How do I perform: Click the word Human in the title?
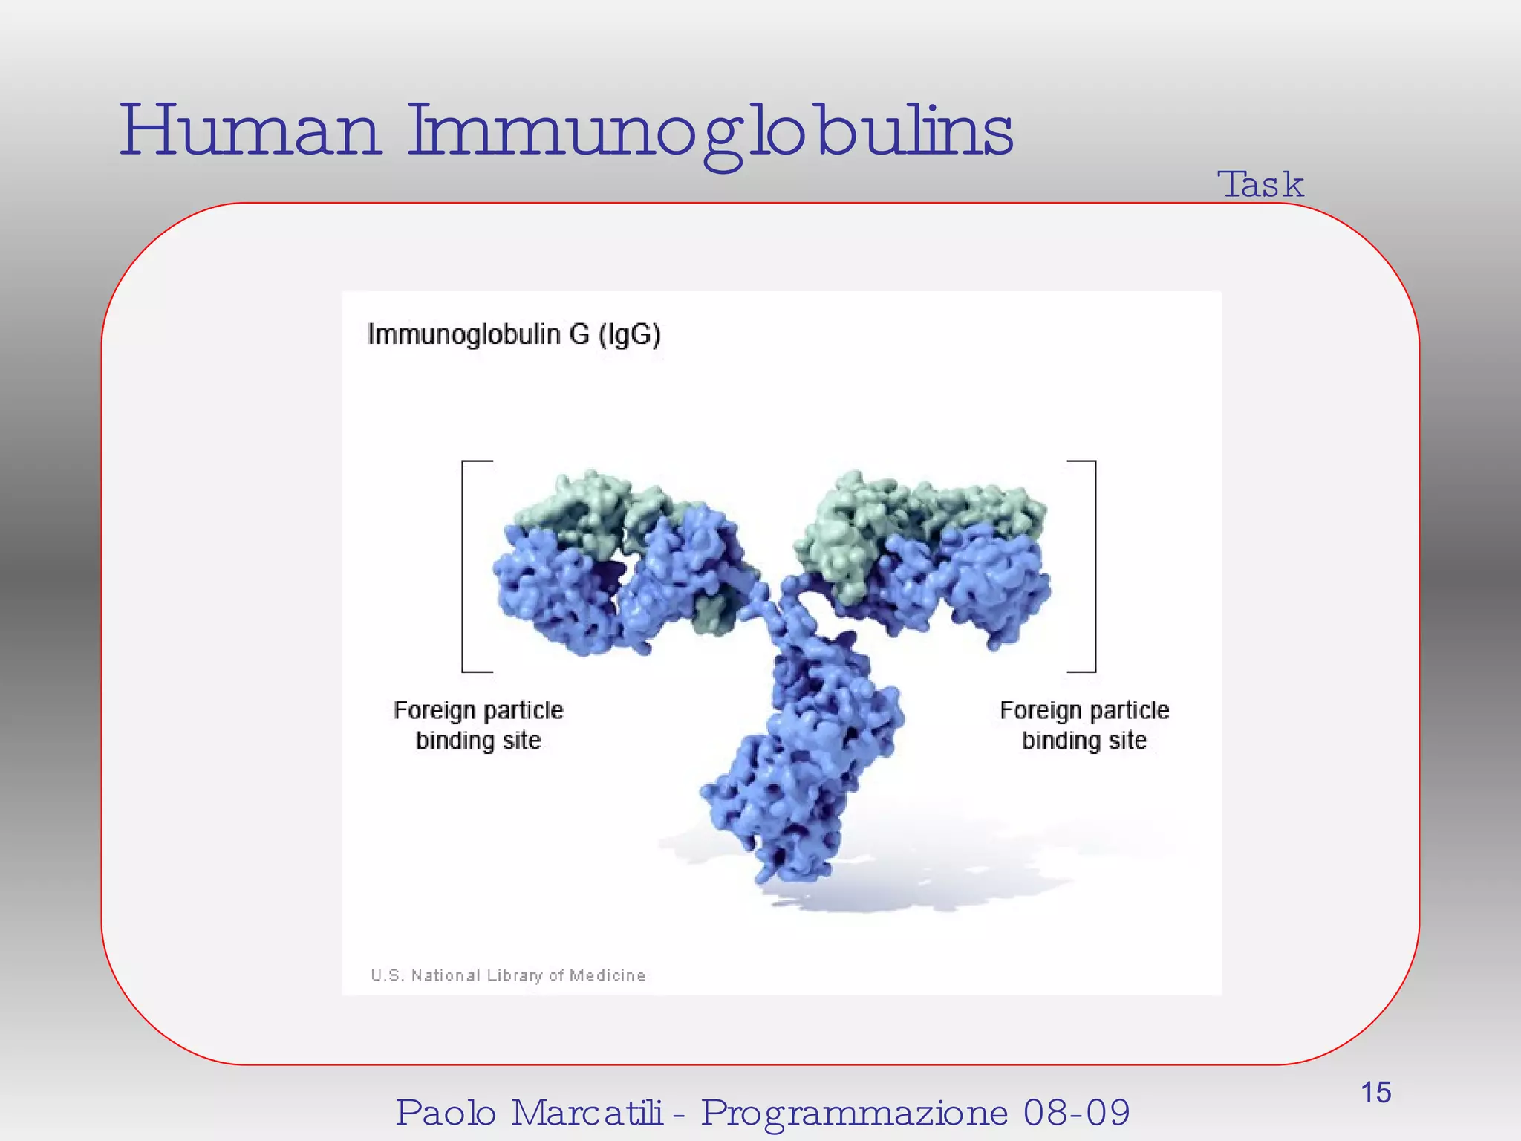pyautogui.click(x=250, y=131)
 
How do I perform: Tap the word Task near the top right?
pyautogui.click(x=1260, y=184)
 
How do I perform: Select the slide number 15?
pyautogui.click(x=1375, y=1093)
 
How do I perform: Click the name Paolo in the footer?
pyautogui.click(x=446, y=1113)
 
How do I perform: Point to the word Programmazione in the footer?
pyautogui.click(x=854, y=1113)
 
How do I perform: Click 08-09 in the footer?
pyautogui.click(x=1076, y=1113)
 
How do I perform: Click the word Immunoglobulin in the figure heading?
pyautogui.click(x=464, y=335)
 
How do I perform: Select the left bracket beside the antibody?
pyautogui.click(x=464, y=566)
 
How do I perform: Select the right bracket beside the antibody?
pyautogui.click(x=1093, y=566)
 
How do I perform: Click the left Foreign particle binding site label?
pyautogui.click(x=478, y=725)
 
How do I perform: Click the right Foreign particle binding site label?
pyautogui.click(x=1084, y=725)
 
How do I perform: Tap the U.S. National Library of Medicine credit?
pyautogui.click(x=508, y=975)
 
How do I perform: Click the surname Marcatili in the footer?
pyautogui.click(x=587, y=1113)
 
